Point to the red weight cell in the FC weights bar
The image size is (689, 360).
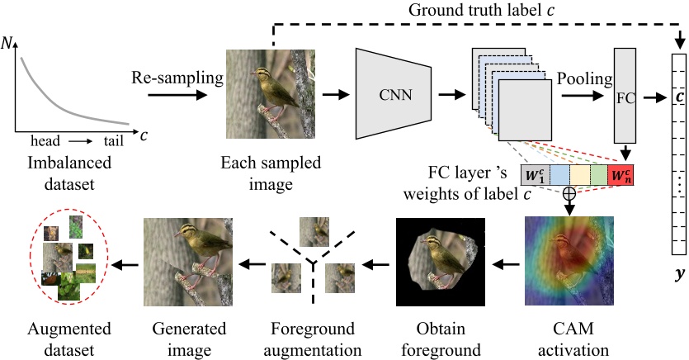pos(621,176)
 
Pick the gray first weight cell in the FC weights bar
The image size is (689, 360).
pos(535,176)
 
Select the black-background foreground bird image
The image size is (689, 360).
pos(437,260)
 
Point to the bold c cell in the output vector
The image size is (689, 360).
pos(679,97)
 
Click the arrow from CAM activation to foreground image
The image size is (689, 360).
pos(504,265)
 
